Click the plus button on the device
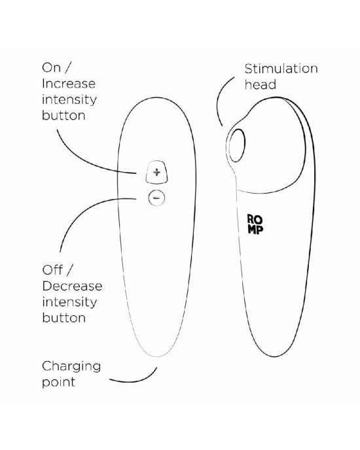coord(156,172)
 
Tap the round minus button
coord(156,198)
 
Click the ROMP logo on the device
coord(255,224)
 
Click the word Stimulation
coord(281,69)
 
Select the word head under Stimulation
coord(261,84)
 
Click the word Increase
coord(69,84)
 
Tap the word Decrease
coord(72,286)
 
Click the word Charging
coord(71,367)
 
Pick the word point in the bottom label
coord(59,383)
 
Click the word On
coord(52,68)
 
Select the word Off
coord(52,270)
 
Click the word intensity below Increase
coord(69,100)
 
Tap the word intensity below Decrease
coord(69,302)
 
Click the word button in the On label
coord(63,115)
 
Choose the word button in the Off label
coord(63,318)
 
